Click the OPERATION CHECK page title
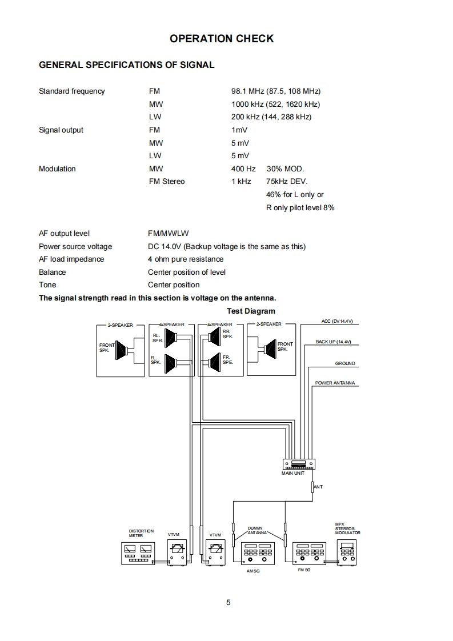point(222,39)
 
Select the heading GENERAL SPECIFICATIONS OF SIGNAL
point(126,65)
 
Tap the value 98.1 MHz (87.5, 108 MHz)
point(276,91)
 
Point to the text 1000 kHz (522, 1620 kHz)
point(275,104)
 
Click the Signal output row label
point(61,130)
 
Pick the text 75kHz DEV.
point(287,182)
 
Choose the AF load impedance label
point(71,259)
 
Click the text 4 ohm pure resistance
point(186,259)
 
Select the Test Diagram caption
point(251,311)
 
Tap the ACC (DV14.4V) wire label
point(337,321)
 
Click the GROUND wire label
point(345,363)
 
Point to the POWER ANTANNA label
point(336,383)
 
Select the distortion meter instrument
point(138,553)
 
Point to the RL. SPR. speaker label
point(157,338)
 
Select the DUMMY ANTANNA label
point(255,530)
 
